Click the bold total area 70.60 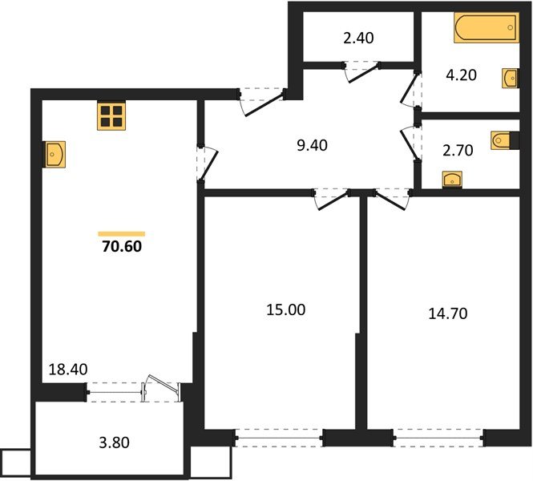pos(121,246)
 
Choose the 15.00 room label pos(286,309)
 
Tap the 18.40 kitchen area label pos(67,370)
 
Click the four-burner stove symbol pos(112,116)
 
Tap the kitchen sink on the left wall pos(55,154)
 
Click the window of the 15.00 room pos(279,438)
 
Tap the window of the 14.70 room pos(438,438)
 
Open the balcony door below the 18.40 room pos(160,392)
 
